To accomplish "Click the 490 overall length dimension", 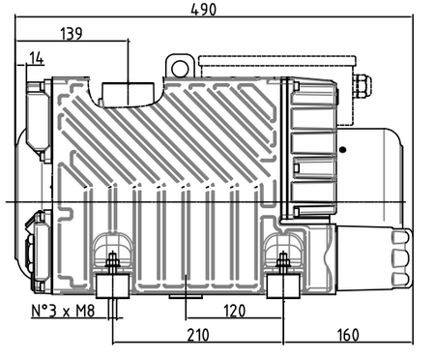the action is [x=204, y=10].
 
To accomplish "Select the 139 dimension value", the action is [x=72, y=34].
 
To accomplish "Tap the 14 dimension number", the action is [x=37, y=58].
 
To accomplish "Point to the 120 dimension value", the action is [x=234, y=311].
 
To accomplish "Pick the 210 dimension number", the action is [x=198, y=335].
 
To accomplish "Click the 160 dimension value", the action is [x=348, y=335].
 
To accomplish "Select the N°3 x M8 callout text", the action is [x=63, y=311].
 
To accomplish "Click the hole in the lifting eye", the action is [x=180, y=69].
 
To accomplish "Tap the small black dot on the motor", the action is [x=343, y=150].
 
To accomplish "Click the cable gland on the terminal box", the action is [x=362, y=86].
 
